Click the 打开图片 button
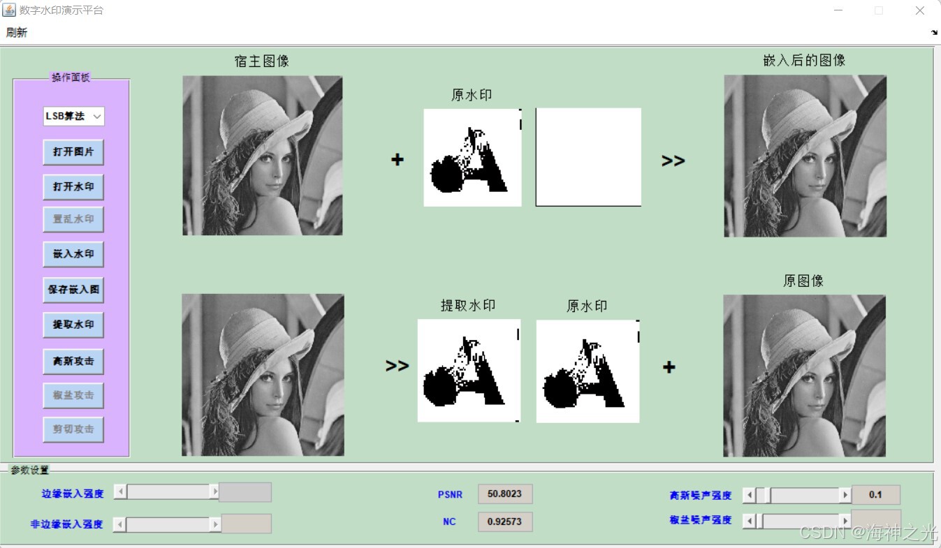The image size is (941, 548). pos(73,151)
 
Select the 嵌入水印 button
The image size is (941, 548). pos(73,254)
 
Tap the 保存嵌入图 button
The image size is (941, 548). pos(73,289)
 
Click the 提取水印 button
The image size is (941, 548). pos(73,325)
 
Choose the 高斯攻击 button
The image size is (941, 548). pos(73,362)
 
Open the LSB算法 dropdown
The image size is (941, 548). pos(73,116)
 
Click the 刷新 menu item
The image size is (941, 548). pos(17,33)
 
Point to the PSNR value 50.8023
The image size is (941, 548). pos(505,494)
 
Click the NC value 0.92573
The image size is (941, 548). pos(505,521)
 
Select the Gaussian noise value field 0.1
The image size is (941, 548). pos(875,495)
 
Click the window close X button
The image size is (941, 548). pos(919,10)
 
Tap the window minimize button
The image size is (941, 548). pos(838,10)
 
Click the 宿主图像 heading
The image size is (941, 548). pos(262,61)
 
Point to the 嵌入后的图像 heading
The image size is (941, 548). pos(804,61)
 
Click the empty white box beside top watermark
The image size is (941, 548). pos(588,157)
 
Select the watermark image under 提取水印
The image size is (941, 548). pos(469,371)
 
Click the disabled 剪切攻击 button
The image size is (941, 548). pos(73,429)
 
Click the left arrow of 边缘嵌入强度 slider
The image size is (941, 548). pos(120,492)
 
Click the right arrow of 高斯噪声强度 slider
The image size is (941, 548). pos(845,495)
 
